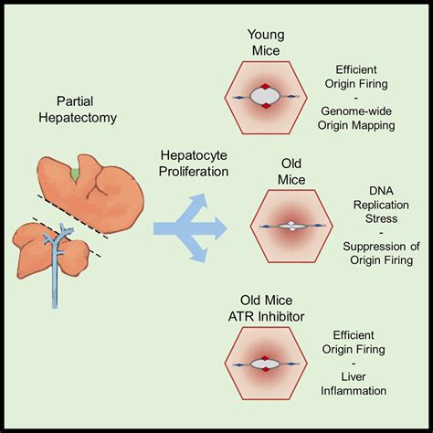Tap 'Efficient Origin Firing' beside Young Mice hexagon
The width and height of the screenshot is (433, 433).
click(x=371, y=76)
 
